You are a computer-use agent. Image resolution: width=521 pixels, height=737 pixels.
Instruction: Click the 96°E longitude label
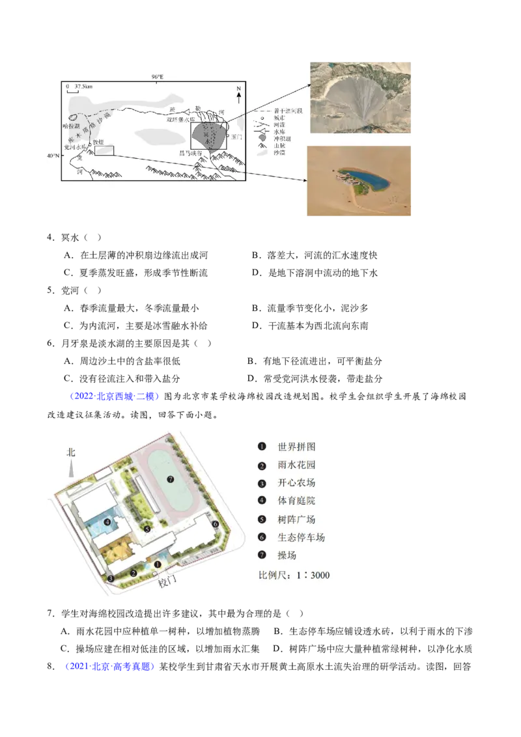tap(158, 77)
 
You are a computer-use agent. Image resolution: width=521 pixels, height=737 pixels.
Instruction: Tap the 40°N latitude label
tap(53, 156)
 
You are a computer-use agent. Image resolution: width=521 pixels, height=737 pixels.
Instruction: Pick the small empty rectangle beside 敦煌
tap(104, 151)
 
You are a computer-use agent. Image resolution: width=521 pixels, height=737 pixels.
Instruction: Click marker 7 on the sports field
tap(170, 479)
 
